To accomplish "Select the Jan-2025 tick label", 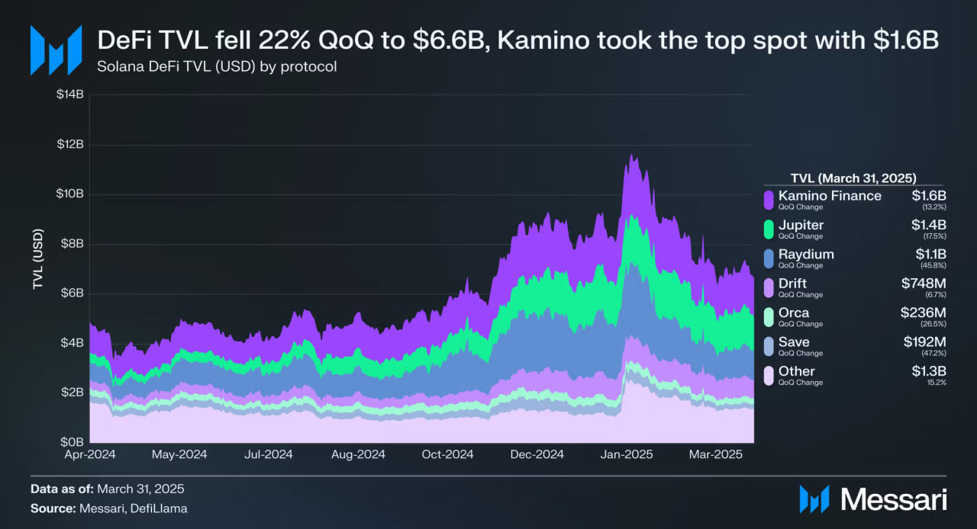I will [626, 454].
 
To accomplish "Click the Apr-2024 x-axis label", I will [90, 454].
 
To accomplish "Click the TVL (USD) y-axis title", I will [37, 260].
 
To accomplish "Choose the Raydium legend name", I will [806, 254].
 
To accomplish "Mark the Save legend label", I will [794, 341].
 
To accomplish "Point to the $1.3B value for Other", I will [929, 371].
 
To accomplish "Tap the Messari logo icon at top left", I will [55, 50].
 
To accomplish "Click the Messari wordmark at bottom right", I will [893, 499].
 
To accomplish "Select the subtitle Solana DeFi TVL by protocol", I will [217, 66].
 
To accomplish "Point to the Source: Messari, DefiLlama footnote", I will [108, 508].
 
